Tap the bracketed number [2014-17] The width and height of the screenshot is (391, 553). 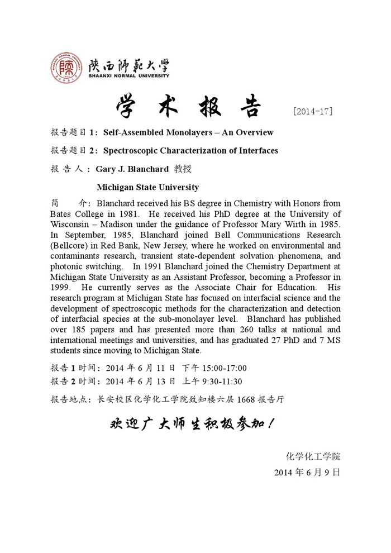pos(312,111)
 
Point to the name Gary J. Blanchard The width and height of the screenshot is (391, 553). pos(132,168)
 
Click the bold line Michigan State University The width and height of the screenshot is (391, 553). pos(147,187)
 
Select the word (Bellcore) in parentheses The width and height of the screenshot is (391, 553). pos(70,245)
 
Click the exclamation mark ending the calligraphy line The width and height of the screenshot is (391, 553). pos(271,425)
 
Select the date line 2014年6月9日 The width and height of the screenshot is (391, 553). pos(307,472)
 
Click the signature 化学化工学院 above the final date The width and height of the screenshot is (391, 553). pos(313,456)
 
